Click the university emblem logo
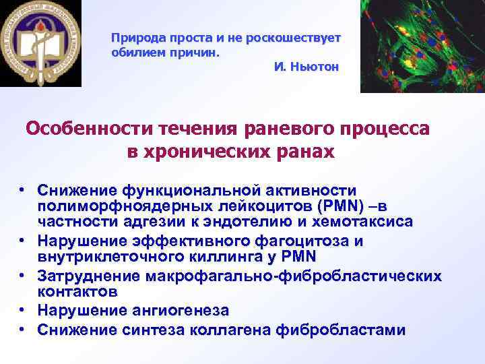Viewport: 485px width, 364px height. [40, 44]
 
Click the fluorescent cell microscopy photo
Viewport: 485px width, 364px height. [422, 46]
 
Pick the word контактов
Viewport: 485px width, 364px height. [77, 292]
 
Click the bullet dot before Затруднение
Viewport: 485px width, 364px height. [22, 276]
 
